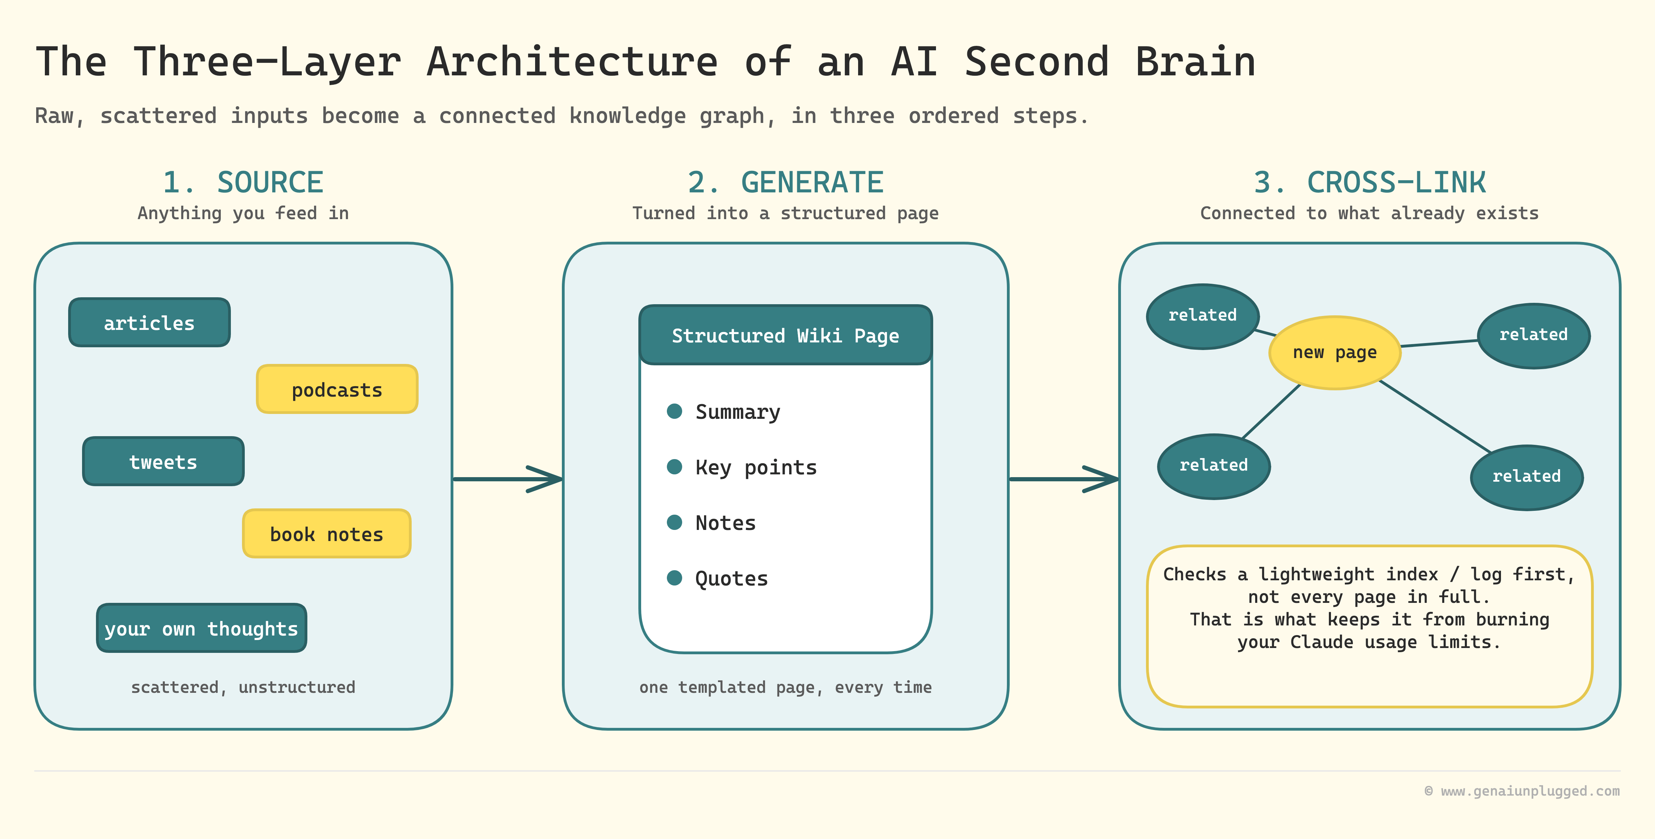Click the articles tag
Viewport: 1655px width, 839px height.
coord(149,322)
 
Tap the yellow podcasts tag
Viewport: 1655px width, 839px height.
coord(337,389)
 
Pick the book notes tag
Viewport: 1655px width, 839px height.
coord(326,533)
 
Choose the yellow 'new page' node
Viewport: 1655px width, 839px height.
coord(1334,352)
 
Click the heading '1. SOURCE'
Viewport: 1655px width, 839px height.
coord(243,182)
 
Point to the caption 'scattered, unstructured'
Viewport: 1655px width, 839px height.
coord(243,687)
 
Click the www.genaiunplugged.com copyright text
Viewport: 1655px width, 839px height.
coord(1522,791)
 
